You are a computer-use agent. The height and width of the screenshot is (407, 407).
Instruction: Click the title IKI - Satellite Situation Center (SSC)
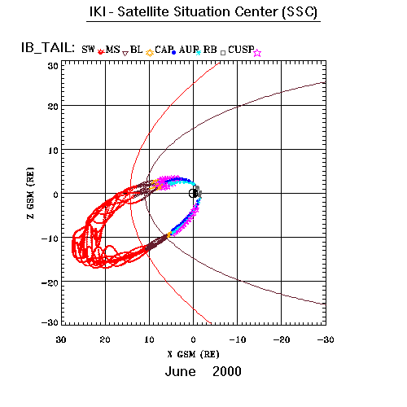[x=203, y=12]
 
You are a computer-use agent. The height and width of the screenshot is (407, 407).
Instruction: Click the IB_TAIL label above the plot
[x=48, y=48]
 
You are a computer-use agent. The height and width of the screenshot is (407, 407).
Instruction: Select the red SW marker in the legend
[x=101, y=51]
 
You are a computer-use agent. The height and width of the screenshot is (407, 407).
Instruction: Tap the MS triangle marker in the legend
[x=125, y=53]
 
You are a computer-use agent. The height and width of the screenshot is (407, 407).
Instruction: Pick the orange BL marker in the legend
[x=150, y=53]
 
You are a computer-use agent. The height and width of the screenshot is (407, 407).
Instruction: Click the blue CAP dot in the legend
[x=174, y=52]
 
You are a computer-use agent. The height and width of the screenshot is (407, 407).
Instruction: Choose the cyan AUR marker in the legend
[x=199, y=52]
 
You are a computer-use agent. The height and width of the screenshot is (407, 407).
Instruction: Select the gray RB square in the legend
[x=223, y=53]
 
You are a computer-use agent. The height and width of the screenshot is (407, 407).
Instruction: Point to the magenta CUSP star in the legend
[x=257, y=53]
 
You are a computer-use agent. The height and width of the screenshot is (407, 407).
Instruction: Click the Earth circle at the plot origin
[x=193, y=194]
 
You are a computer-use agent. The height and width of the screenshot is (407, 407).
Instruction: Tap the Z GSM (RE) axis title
[x=31, y=193]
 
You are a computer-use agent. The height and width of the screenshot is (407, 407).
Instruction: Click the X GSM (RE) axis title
[x=193, y=354]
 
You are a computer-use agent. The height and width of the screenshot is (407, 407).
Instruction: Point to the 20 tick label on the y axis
[x=53, y=107]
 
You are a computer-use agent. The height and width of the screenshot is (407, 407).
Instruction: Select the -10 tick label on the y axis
[x=50, y=239]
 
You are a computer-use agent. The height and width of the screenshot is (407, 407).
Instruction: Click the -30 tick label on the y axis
[x=50, y=322]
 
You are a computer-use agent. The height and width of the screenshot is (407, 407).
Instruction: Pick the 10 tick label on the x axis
[x=149, y=339]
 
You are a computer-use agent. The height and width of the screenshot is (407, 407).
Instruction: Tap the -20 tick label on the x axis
[x=282, y=339]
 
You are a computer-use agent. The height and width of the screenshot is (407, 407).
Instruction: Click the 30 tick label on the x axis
[x=61, y=339]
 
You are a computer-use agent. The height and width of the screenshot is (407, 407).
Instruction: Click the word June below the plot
[x=180, y=371]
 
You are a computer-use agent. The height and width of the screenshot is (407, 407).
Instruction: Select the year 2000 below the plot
[x=227, y=371]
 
